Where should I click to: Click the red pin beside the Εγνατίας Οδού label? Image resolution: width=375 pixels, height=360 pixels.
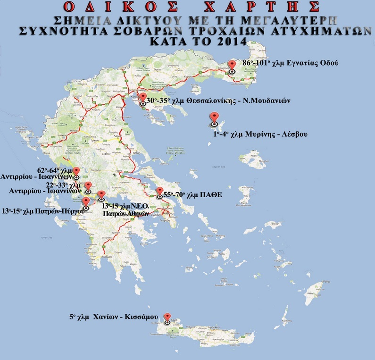231,65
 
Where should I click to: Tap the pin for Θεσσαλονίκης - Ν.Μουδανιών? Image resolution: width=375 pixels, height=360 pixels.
143,98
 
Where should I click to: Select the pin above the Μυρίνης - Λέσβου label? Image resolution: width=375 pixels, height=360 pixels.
215,117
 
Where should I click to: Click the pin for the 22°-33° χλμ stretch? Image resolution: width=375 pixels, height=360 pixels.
88,186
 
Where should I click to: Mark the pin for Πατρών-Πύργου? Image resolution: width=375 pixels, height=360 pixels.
85,202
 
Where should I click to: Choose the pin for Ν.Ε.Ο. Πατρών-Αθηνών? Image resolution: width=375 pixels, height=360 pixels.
101,195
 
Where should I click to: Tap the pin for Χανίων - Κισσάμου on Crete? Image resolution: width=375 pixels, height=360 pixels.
167,318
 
